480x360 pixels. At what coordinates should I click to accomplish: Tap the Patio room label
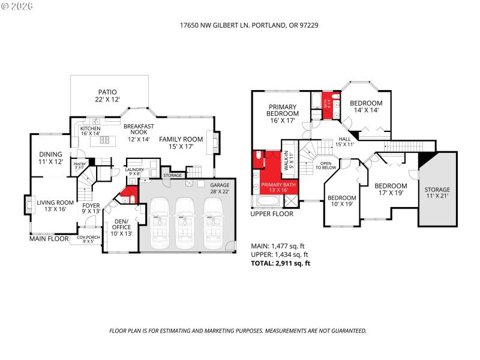108,95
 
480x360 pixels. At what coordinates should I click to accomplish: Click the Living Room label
55,206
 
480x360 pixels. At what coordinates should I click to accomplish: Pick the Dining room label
51,158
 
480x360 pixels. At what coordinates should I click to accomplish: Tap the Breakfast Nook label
139,135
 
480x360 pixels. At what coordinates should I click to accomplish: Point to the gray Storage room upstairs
437,193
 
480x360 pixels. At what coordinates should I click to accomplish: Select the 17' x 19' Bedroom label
391,190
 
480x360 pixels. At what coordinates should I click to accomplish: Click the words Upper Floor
272,214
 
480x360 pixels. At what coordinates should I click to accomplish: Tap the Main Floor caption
49,238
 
